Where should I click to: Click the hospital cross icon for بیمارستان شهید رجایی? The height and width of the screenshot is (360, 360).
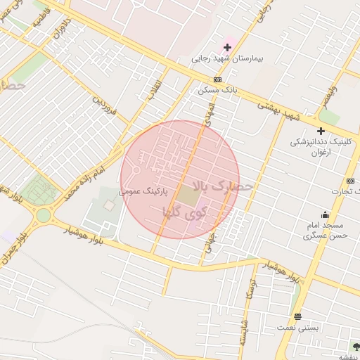pos(227,47)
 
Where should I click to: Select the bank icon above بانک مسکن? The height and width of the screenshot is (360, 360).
pos(217,79)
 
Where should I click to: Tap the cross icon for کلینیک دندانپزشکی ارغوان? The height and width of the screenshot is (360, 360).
pos(321,131)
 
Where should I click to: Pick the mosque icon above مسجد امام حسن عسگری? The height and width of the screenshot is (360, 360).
pos(324,215)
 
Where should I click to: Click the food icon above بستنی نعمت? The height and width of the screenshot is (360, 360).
pos(297,316)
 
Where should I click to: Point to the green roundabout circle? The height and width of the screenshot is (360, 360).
pos(44,215)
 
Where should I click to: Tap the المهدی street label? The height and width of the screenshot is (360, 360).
pos(208,112)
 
